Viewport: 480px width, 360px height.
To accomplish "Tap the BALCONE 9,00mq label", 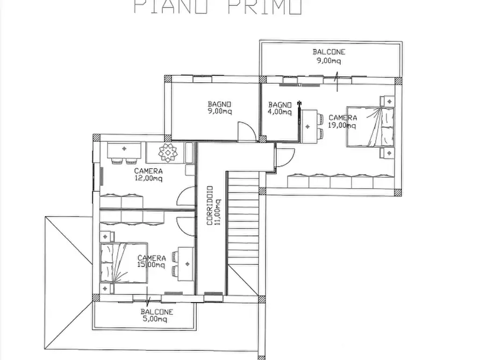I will pos(329,56).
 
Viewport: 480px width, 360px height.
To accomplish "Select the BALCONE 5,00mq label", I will pos(157,315).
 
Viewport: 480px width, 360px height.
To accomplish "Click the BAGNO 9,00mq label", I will pos(220,108).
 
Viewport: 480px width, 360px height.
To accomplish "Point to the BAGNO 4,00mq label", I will pos(280,108).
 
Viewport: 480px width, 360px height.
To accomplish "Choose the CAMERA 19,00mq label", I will pos(342,121).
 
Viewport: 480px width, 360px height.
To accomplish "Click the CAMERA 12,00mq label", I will pos(148,174).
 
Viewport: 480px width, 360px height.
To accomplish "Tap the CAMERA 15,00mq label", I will pos(151,261).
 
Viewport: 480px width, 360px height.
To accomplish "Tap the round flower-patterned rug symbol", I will pos(168,153).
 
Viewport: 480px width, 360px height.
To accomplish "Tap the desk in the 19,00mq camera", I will pos(308,126).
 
